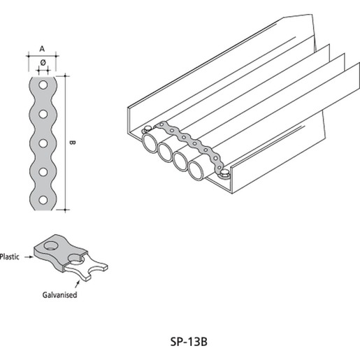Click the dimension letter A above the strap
pos(42,49)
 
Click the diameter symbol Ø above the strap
pos(43,63)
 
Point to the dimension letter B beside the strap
pos(72,143)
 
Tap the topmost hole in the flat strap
pos(43,85)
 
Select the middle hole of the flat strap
pos(43,143)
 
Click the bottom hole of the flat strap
pos(43,200)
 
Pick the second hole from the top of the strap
pos(43,114)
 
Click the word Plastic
pos(9,257)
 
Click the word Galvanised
pos(59,295)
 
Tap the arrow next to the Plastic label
pos(29,257)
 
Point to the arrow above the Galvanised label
pos(77,284)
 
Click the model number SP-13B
pos(189,342)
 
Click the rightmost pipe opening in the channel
pos(196,171)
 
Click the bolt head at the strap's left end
pos(147,129)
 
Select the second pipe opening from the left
pos(166,152)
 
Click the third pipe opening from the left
pos(180,161)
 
